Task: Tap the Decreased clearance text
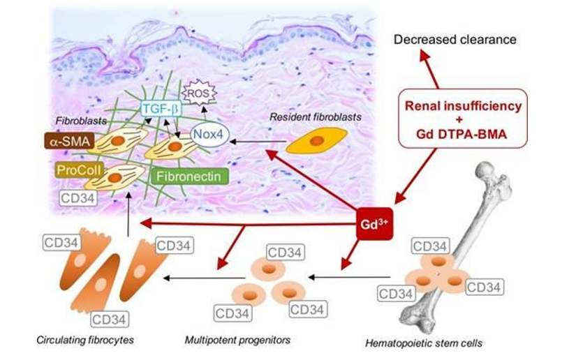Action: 455,39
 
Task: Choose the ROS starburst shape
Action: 197,91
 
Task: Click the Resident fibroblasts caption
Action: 316,117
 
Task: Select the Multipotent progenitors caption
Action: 237,340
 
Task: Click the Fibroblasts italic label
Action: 74,121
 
